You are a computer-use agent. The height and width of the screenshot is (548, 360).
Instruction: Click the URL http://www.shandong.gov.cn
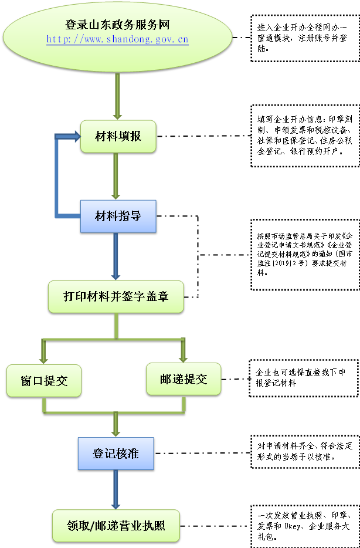[117, 40]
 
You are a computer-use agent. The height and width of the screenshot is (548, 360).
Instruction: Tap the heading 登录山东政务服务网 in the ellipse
[117, 25]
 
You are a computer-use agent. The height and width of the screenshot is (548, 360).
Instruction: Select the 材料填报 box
[118, 136]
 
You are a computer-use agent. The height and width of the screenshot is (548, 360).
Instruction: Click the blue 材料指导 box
[118, 216]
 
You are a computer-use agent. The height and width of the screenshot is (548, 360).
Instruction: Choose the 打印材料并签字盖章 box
[116, 296]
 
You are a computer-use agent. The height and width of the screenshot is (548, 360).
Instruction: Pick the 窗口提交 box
[44, 380]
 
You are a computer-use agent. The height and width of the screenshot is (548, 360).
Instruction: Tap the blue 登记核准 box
[116, 453]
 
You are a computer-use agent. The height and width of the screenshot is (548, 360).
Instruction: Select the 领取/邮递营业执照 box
[116, 525]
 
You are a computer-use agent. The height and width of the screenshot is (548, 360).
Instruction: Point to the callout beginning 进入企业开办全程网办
[304, 38]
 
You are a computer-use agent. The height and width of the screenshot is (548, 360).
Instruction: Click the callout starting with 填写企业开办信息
[304, 136]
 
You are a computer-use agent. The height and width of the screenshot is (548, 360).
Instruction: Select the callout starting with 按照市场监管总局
[305, 255]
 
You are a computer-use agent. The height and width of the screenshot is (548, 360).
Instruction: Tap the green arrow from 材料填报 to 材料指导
[116, 176]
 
